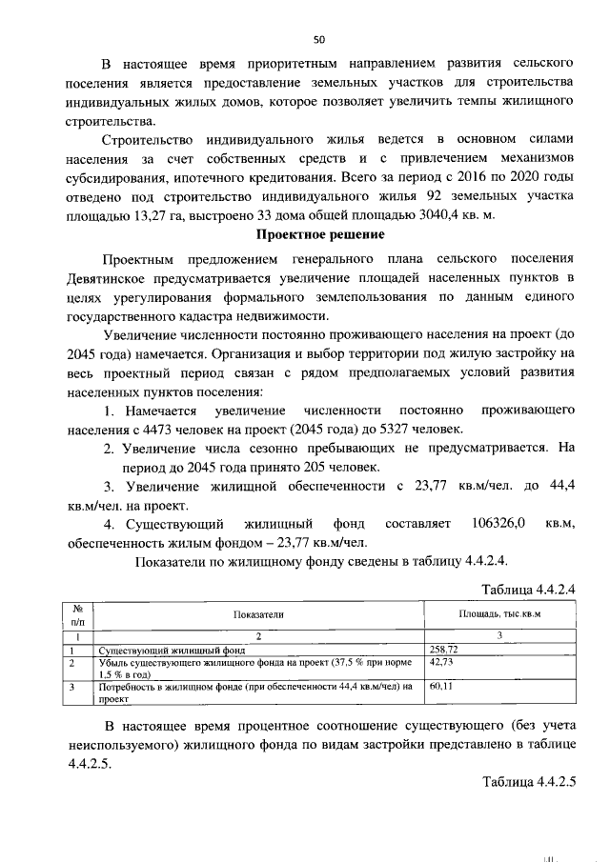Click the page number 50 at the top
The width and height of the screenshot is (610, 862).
pos(319,39)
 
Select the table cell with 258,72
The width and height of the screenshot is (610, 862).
pos(444,649)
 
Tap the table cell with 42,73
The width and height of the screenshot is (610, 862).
pos(441,660)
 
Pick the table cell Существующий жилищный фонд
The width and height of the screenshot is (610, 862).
pos(173,650)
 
